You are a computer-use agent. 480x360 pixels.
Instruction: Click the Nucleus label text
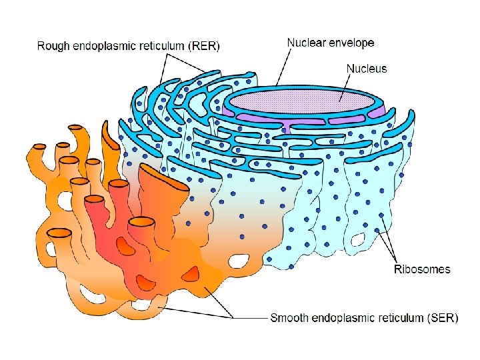point(366,69)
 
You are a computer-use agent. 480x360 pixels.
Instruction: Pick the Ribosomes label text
point(422,269)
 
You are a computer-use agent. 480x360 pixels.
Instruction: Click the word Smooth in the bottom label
point(290,318)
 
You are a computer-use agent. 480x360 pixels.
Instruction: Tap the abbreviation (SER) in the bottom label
point(441,318)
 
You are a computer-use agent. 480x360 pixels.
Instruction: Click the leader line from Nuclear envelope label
point(283,67)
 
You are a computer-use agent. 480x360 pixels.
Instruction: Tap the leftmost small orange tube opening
point(40,146)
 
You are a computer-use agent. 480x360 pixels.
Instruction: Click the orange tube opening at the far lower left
point(59,233)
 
